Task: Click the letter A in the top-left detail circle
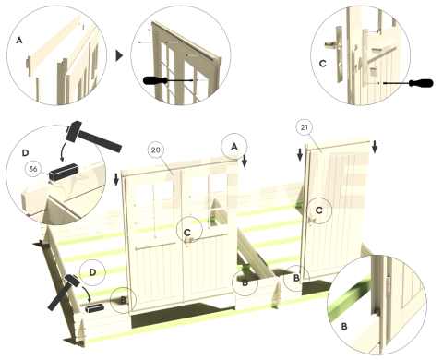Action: point(19,40)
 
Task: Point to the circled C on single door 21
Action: point(318,211)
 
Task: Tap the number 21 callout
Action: point(304,126)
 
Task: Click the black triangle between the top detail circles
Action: point(119,54)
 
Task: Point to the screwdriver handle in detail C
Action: point(420,84)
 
